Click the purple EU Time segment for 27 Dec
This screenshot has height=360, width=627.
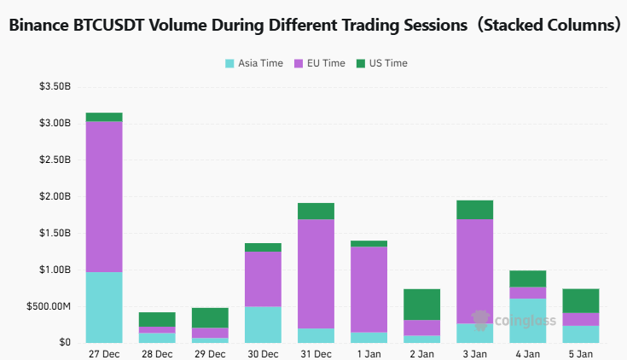(104, 196)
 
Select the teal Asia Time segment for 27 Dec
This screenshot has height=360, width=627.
(104, 307)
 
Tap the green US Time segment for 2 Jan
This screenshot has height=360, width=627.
(421, 304)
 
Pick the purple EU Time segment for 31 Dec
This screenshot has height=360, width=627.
(316, 274)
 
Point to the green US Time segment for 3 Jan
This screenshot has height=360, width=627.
(474, 210)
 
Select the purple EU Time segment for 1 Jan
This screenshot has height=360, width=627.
(369, 289)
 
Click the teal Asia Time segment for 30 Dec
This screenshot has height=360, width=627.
(263, 324)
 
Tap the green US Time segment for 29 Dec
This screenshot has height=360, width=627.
(210, 317)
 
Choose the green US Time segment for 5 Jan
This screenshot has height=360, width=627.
(580, 300)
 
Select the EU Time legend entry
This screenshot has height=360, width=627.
(320, 63)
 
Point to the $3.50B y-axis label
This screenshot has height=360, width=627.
(54, 87)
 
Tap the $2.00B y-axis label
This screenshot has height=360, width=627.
(54, 196)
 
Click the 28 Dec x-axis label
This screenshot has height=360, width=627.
(157, 352)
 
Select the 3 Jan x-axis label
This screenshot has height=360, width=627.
(474, 352)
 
